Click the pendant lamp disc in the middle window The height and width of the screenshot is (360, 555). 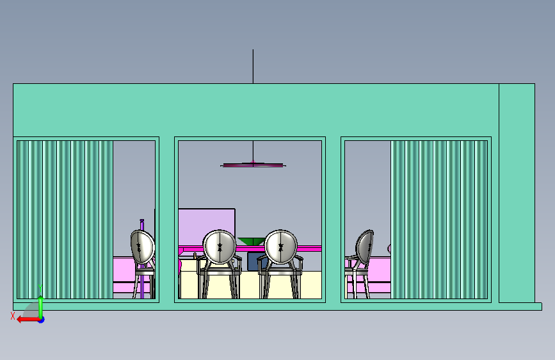tap(253, 165)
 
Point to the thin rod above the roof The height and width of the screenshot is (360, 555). tap(253, 67)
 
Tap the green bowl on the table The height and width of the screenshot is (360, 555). tap(251, 241)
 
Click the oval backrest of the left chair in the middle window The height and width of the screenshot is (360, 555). tap(220, 247)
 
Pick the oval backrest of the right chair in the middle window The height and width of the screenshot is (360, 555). tap(281, 247)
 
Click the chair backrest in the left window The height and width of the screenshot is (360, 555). tap(142, 247)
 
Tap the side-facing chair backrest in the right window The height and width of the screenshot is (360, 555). tap(365, 247)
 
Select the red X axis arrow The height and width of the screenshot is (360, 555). tap(29, 320)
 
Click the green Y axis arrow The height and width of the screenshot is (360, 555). tap(41, 306)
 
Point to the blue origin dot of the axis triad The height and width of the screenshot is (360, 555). tap(42, 320)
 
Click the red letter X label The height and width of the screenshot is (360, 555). tap(13, 316)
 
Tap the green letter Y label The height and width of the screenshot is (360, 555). tap(40, 288)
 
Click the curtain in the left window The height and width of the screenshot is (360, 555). tap(65, 220)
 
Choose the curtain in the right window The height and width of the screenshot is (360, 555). tap(439, 220)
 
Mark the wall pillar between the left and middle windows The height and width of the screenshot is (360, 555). tap(166, 220)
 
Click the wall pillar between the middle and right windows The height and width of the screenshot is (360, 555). tap(333, 220)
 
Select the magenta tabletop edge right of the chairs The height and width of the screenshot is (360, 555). tap(310, 249)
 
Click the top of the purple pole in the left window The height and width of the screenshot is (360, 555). tap(142, 221)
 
